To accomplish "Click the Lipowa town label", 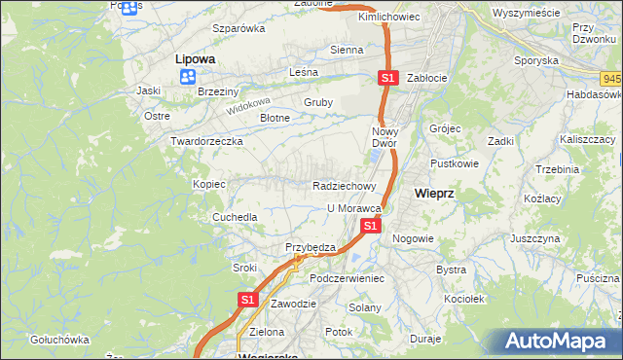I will point(195,58).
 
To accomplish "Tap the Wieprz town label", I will point(434,193).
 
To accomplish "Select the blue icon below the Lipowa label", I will point(188,76).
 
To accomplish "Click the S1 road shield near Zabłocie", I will point(388,78).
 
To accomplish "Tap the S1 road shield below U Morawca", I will point(370,226).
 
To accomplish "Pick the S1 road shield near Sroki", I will point(247,301).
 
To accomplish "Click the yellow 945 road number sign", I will point(612,77).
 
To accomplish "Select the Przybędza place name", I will point(310,247).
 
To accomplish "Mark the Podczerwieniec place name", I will point(348,277).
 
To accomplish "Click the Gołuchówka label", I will point(59,340).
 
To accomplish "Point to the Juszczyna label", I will point(534,237).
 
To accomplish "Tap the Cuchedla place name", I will point(235,217).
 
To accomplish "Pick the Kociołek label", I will point(462,299).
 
